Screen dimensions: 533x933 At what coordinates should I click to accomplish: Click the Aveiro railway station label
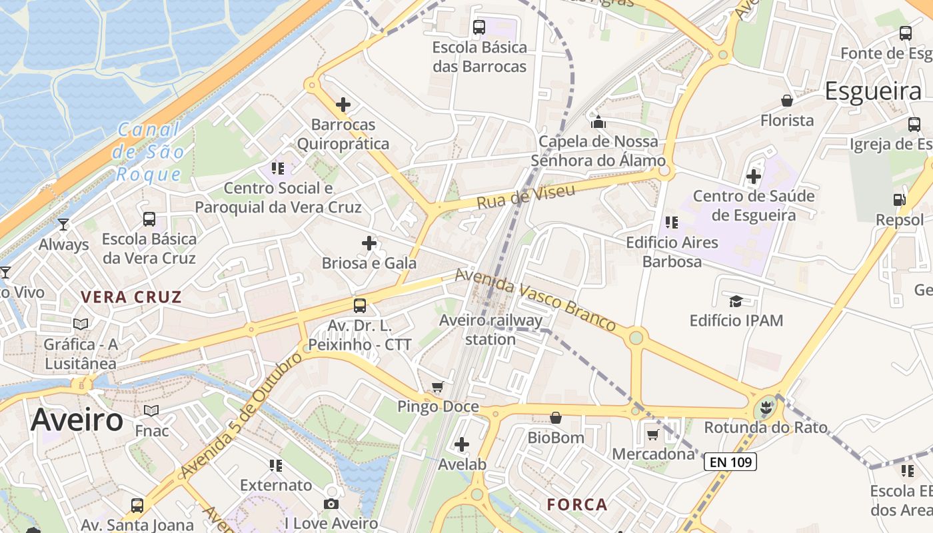[x=490, y=330]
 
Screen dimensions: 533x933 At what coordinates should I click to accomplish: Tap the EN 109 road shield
[x=730, y=461]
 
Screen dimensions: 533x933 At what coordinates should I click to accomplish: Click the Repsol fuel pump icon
[x=899, y=199]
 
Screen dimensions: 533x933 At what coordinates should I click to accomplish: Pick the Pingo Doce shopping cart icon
[x=438, y=387]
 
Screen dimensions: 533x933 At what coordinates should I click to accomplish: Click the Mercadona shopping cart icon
[x=652, y=434]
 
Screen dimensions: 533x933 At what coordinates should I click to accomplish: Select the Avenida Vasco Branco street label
[x=535, y=300]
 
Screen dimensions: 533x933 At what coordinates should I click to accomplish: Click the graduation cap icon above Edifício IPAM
[x=736, y=301]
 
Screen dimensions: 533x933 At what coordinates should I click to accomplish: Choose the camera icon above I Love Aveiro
[x=331, y=504]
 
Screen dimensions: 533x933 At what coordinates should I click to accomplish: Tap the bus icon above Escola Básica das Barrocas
[x=479, y=27]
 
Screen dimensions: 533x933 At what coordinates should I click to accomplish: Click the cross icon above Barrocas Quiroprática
[x=343, y=105]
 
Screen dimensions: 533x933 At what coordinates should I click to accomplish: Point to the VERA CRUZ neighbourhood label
[x=131, y=297]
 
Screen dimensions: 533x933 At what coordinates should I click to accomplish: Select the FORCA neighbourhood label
[x=577, y=504]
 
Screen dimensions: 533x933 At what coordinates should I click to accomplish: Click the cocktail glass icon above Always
[x=63, y=225]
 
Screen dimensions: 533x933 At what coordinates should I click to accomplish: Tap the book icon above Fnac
[x=152, y=410]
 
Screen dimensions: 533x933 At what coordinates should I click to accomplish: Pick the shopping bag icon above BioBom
[x=555, y=418]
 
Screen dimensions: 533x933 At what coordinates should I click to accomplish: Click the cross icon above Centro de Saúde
[x=754, y=176]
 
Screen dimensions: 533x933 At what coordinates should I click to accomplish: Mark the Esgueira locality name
[x=873, y=91]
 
